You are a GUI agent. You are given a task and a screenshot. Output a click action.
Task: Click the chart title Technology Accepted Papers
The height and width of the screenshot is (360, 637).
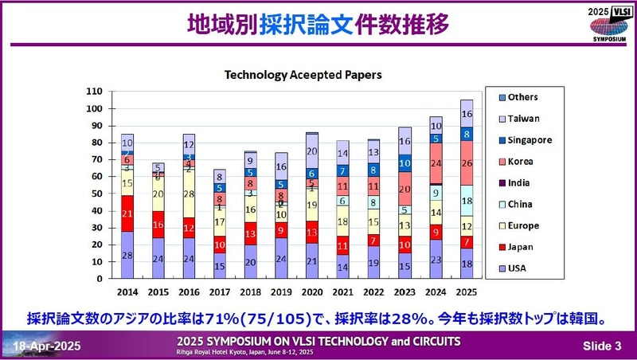pyautogui.click(x=303, y=75)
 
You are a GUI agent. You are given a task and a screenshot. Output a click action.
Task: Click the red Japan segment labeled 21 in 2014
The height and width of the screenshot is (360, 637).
pyautogui.click(x=127, y=213)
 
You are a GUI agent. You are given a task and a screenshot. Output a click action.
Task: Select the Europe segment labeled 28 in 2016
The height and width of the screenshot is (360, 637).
pyautogui.click(x=189, y=194)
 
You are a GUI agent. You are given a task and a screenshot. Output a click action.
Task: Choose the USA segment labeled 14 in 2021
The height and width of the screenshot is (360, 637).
pyautogui.click(x=342, y=268)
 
